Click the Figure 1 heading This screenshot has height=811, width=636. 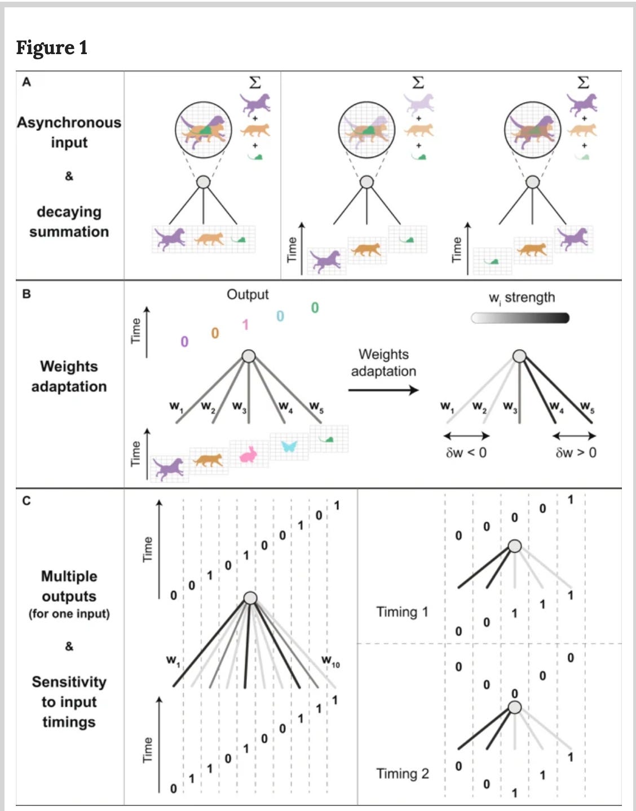point(52,48)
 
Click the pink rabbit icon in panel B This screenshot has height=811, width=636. point(249,454)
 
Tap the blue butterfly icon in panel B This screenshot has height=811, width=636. point(289,446)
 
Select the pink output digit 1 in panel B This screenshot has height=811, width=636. point(245,325)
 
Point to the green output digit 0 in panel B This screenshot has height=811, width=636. point(315,308)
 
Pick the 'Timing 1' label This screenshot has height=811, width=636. point(402,612)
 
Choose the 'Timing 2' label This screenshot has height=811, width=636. point(402,774)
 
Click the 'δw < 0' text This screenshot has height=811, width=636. point(466,453)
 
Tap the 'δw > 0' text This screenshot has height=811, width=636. point(576,453)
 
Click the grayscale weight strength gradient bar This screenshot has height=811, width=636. point(520,318)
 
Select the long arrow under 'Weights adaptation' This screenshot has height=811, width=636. point(383,390)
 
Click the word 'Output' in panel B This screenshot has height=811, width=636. point(248,294)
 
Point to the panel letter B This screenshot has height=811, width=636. point(26,294)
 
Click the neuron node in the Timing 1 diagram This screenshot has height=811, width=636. point(514,546)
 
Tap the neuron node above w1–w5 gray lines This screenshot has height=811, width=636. point(249,356)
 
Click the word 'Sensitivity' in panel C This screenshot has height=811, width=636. point(69,682)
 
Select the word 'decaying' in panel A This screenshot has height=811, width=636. point(69,212)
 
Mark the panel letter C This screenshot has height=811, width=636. point(26,501)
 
